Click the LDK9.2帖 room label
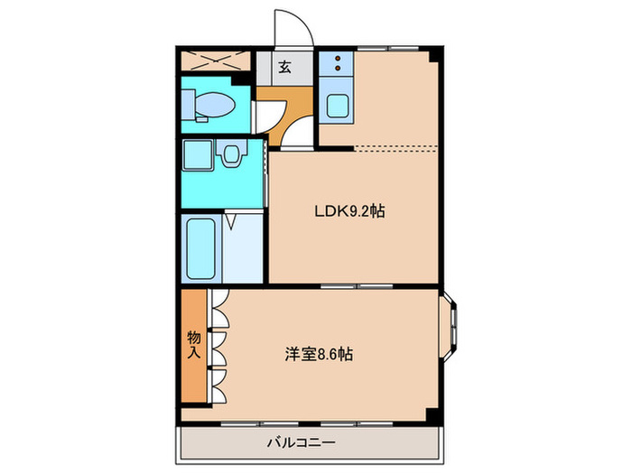[350, 213]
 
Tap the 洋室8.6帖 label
[314, 355]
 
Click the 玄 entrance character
[284, 66]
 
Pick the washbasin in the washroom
[232, 155]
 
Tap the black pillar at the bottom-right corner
[435, 415]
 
